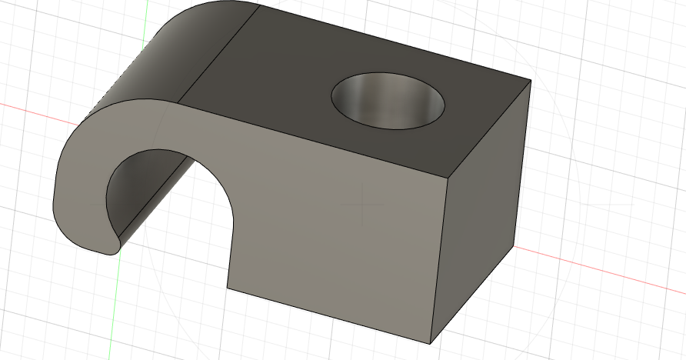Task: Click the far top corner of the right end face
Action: [x=531, y=80]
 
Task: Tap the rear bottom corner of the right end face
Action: [x=514, y=248]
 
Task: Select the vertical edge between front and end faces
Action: [x=439, y=262]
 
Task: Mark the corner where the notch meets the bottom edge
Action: [x=228, y=288]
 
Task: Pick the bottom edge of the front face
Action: [x=331, y=316]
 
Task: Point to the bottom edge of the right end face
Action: [x=473, y=295]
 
